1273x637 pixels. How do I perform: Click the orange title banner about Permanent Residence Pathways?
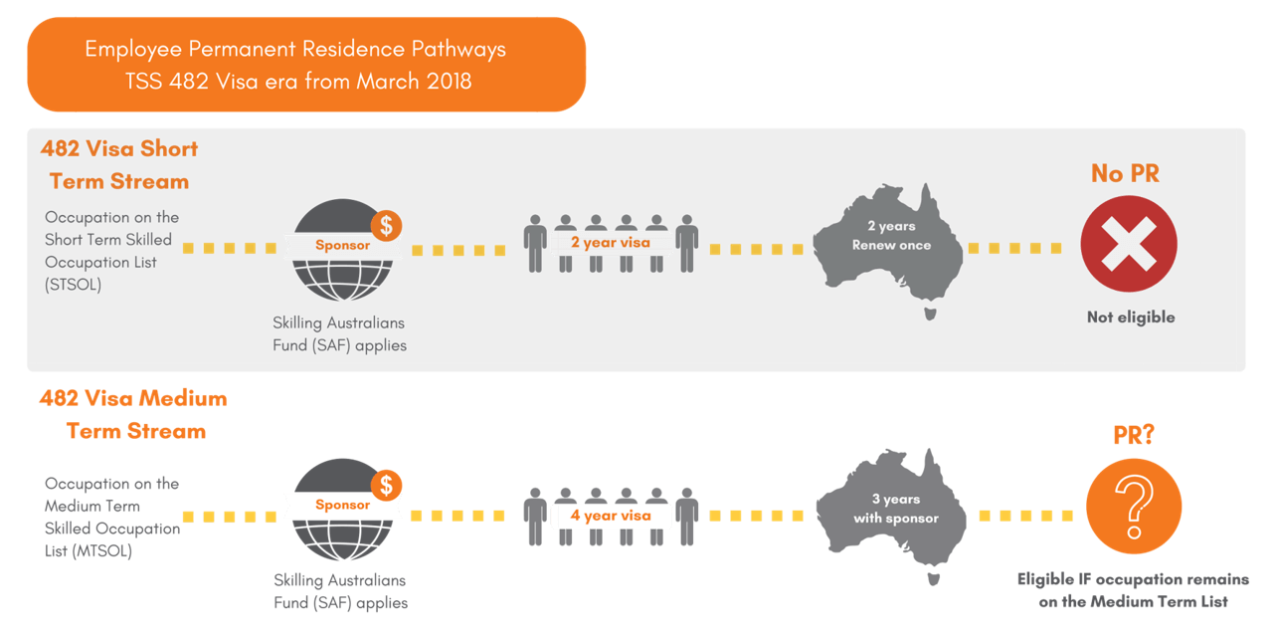click(x=306, y=64)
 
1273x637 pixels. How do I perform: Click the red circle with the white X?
click(x=1129, y=244)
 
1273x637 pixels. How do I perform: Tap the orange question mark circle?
click(x=1133, y=506)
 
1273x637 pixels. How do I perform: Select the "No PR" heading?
click(x=1125, y=173)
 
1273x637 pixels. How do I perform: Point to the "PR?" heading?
click(x=1133, y=436)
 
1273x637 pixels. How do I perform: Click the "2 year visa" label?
click(x=611, y=243)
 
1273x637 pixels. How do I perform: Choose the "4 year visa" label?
click(x=611, y=516)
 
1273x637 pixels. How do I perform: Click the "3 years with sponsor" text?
click(x=895, y=509)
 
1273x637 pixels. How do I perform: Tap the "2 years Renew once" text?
click(x=891, y=236)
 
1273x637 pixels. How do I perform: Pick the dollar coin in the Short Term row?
click(x=385, y=225)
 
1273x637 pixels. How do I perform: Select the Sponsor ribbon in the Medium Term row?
click(x=342, y=505)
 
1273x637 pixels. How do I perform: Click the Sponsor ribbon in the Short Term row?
click(x=342, y=245)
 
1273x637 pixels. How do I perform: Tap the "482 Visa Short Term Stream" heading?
click(x=119, y=165)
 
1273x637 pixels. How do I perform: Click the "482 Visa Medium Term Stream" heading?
click(x=134, y=415)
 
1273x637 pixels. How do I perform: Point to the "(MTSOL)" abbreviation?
click(x=88, y=550)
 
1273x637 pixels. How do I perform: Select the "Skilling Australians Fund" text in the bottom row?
click(x=339, y=580)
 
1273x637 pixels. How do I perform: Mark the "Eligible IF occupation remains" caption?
click(x=1133, y=579)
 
